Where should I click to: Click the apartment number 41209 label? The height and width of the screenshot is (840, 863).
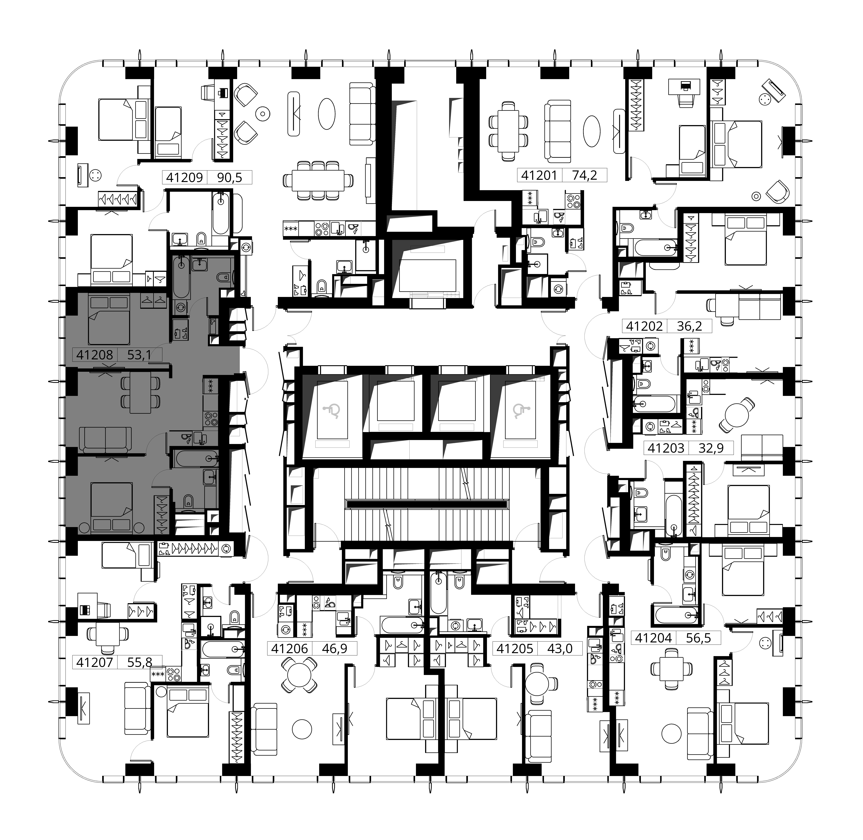coord(184,177)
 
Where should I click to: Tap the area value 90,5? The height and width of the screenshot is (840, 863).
coord(230,177)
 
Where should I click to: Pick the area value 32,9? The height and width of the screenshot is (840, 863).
coord(711,448)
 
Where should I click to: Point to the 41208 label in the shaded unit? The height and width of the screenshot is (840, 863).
coord(95,355)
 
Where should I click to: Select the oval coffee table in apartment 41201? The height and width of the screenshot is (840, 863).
coord(592,131)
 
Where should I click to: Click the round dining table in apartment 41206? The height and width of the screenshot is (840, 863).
coord(299,675)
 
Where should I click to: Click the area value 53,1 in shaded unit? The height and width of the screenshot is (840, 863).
coord(139,355)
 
